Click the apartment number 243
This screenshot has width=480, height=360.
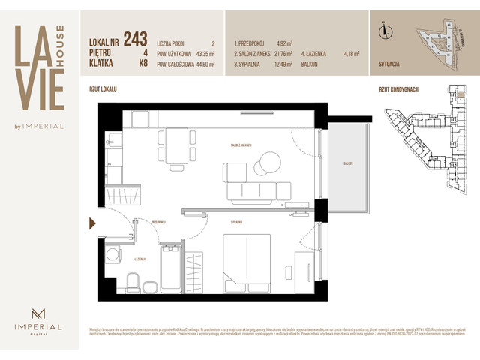(x=136, y=37)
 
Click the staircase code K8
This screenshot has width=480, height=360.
(x=142, y=64)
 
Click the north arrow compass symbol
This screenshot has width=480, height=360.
(x=385, y=31)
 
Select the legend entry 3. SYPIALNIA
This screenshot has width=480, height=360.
(x=250, y=64)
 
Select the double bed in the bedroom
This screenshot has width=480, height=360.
(x=247, y=260)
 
